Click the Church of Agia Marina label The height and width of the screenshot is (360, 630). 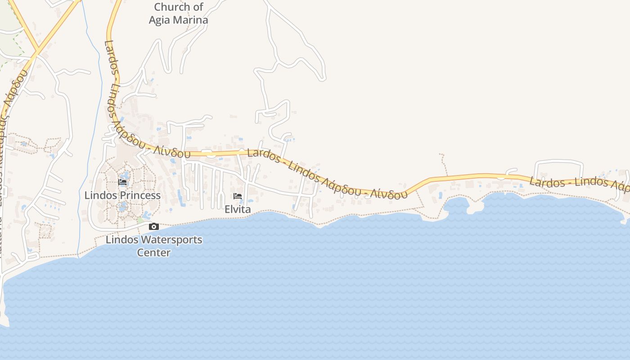(178, 13)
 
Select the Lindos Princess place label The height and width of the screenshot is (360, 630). (122, 195)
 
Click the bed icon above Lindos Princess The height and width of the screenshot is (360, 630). (122, 182)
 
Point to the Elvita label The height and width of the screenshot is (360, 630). (238, 209)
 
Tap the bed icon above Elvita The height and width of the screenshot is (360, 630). (238, 196)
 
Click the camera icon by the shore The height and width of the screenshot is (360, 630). (153, 226)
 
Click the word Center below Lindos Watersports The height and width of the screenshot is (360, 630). (153, 252)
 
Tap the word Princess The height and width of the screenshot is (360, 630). (139, 195)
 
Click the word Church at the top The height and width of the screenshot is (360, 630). (172, 7)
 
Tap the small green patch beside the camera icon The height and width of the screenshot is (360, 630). (140, 220)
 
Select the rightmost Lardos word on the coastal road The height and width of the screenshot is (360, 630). (547, 182)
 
